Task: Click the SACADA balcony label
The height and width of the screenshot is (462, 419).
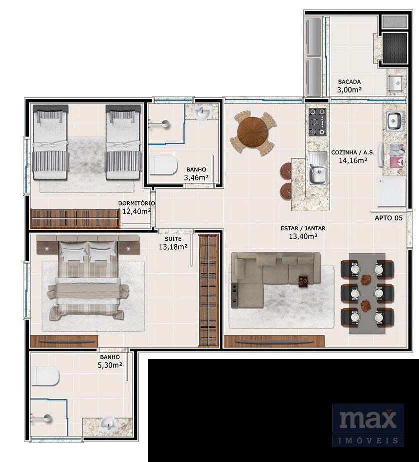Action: (x=349, y=81)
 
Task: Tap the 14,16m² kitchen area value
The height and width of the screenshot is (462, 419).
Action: (x=353, y=160)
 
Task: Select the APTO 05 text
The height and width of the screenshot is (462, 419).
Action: (x=389, y=218)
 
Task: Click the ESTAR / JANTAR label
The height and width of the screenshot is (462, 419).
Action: (x=303, y=228)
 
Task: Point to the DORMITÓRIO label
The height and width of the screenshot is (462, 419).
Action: (x=136, y=203)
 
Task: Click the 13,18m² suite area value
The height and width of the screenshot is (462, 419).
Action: (x=173, y=247)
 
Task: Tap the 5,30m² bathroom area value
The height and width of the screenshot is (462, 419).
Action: (x=110, y=365)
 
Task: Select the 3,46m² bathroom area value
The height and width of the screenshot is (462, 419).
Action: (x=196, y=177)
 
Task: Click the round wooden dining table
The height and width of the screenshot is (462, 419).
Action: (x=253, y=132)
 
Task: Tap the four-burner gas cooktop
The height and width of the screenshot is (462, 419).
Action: (x=317, y=122)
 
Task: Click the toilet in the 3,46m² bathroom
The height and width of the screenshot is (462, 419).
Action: (x=162, y=165)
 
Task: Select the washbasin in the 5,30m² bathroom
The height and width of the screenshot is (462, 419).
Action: (x=109, y=424)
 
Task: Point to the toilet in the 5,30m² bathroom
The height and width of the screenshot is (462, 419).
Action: (x=45, y=376)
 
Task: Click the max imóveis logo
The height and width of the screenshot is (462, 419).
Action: (x=368, y=425)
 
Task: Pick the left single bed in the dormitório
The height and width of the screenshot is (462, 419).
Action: (x=50, y=142)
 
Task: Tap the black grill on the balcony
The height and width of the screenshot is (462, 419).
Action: (x=395, y=48)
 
